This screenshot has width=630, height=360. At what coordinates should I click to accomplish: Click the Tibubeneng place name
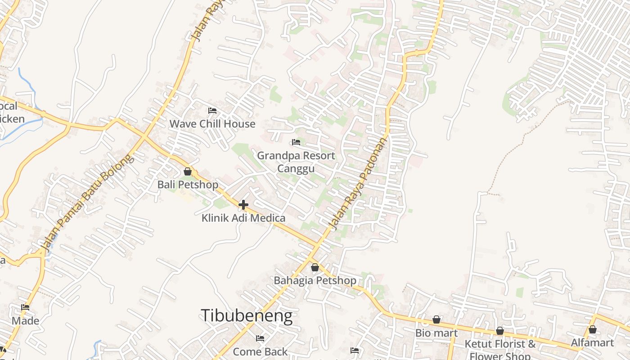(x=247, y=316)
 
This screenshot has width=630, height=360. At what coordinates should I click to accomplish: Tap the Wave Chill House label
(x=212, y=124)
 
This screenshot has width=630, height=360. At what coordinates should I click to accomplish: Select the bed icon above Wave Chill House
(x=212, y=111)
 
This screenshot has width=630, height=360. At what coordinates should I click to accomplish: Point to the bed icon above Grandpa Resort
(x=296, y=142)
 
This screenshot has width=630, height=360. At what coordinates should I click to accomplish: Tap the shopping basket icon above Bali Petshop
(x=188, y=171)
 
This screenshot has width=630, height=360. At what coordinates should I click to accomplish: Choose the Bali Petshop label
(x=188, y=184)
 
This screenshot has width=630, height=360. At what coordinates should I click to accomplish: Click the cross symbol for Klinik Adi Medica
(x=243, y=205)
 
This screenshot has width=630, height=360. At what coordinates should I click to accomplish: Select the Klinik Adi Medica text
(x=243, y=218)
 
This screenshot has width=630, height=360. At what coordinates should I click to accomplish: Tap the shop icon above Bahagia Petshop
(x=315, y=267)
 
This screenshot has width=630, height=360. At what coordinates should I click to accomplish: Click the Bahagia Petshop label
(x=315, y=280)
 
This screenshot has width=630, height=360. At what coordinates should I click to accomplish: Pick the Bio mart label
(x=436, y=333)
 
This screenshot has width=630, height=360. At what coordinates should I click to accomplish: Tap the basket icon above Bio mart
(x=436, y=319)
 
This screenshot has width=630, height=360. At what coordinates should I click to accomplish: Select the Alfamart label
(x=592, y=343)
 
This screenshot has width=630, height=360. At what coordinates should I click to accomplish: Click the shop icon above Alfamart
(x=592, y=330)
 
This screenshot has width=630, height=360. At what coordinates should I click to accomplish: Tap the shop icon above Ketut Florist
(x=500, y=331)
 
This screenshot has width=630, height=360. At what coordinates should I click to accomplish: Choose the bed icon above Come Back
(x=260, y=338)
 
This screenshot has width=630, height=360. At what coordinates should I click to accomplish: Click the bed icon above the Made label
(x=25, y=308)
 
